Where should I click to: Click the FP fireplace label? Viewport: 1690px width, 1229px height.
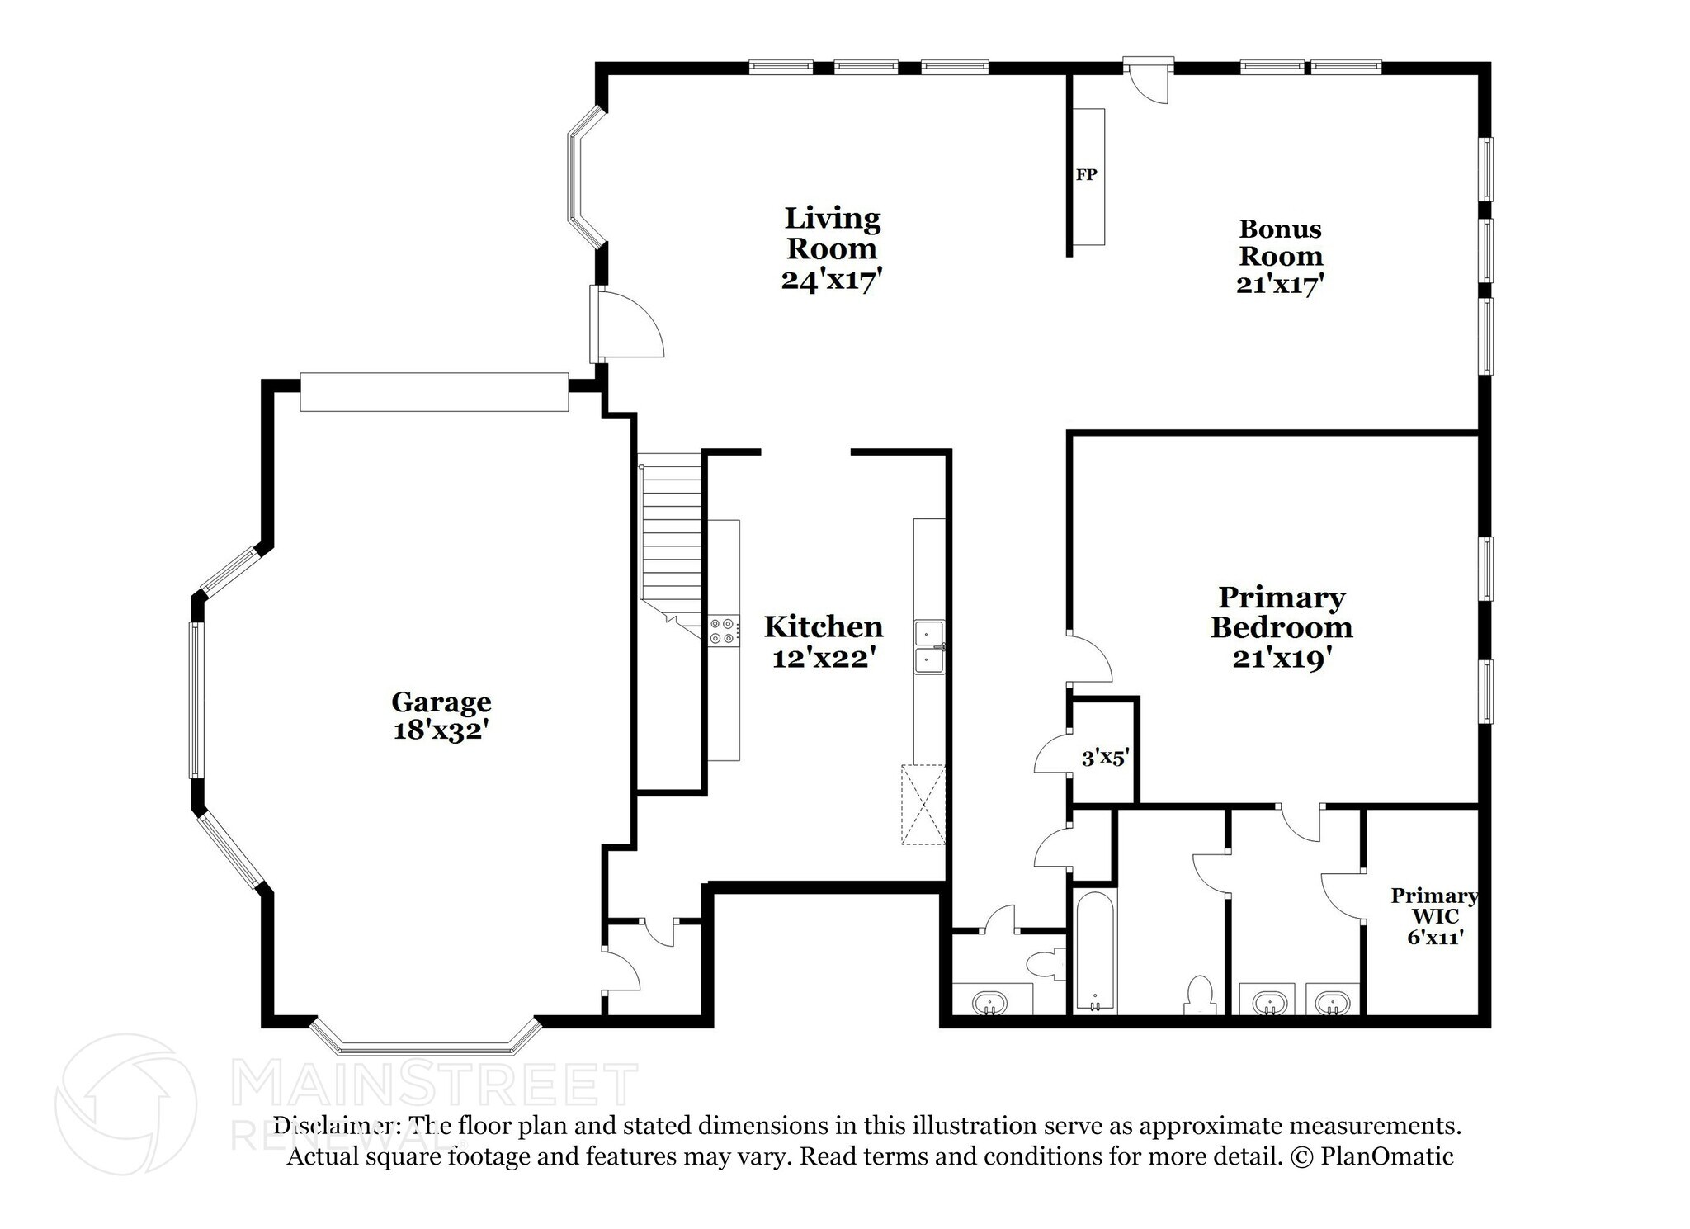[1086, 175]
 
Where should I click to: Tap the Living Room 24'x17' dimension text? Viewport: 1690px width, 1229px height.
[832, 281]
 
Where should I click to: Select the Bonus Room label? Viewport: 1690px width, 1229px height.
[1280, 242]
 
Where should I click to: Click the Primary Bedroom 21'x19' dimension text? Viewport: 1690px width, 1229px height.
[1281, 659]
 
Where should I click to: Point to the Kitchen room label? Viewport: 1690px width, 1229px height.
[823, 627]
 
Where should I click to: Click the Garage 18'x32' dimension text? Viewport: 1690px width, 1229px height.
[441, 730]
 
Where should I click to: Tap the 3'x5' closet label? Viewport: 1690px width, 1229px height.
[1105, 757]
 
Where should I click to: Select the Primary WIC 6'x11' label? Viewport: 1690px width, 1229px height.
[1434, 916]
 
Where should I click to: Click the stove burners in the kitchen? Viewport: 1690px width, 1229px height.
[723, 631]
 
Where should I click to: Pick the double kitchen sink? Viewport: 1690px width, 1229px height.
[929, 647]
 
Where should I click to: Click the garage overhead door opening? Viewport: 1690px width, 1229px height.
[434, 392]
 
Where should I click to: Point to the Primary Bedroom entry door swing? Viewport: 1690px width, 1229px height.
[1089, 659]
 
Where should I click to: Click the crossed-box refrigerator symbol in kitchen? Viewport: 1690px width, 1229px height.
[923, 804]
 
